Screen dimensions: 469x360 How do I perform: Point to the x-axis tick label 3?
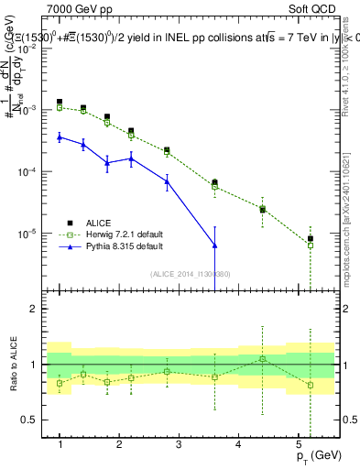pyautogui.click(x=179, y=445)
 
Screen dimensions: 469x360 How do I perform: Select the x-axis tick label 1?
pyautogui.click(x=60, y=445)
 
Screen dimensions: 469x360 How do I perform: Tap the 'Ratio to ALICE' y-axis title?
pyautogui.click(x=12, y=365)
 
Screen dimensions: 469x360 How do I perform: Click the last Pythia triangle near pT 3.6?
pyautogui.click(x=214, y=245)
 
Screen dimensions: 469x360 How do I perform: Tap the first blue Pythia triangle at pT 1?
pyautogui.click(x=60, y=136)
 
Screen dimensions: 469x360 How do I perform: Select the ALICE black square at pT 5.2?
pyautogui.click(x=311, y=239)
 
